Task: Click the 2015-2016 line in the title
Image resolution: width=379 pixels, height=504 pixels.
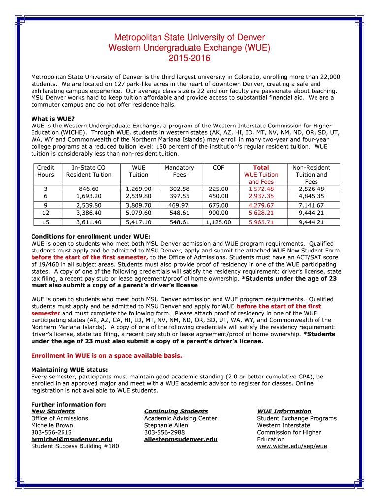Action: (189, 58)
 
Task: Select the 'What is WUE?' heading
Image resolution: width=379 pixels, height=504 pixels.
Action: (53, 119)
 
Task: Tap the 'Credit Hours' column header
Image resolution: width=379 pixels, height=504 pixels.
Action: (46, 171)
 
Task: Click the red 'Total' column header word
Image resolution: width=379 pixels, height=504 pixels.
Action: (261, 168)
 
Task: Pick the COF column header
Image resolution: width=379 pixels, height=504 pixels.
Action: (218, 168)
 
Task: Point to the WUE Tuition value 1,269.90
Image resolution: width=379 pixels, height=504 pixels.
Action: (138, 189)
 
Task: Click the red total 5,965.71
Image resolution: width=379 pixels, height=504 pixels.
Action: (261, 222)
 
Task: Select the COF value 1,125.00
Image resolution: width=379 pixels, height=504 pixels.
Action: (218, 222)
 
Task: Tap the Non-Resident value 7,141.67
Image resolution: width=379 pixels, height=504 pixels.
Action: (311, 205)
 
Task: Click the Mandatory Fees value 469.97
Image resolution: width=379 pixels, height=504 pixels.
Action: (179, 205)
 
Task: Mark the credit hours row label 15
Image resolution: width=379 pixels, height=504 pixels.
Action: (46, 222)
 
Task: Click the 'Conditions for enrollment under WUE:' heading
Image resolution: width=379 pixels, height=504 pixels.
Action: (91, 237)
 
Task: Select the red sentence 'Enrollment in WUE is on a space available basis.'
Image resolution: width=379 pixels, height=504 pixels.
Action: (107, 355)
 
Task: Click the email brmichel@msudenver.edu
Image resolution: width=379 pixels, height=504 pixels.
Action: (71, 440)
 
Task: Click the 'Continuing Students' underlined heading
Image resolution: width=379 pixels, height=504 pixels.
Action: (176, 411)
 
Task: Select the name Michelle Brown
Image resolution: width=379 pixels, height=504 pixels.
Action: (52, 425)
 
